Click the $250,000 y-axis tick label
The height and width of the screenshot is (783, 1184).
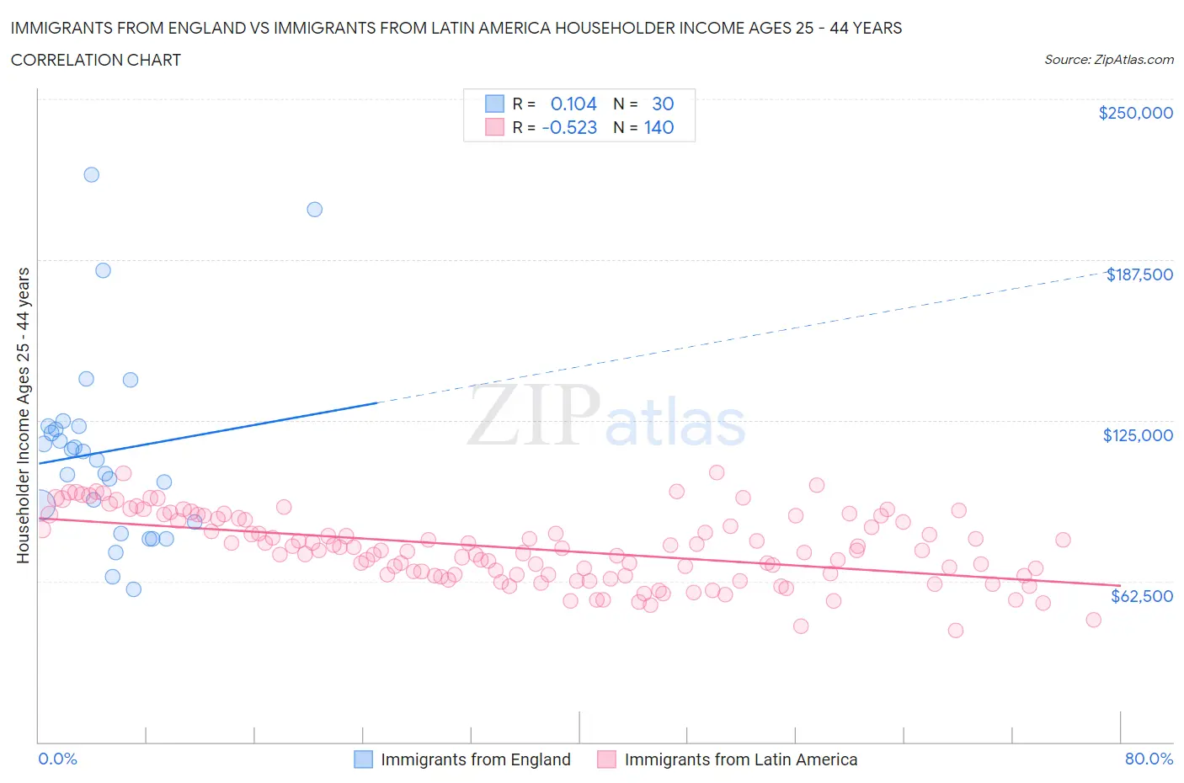tap(1135, 114)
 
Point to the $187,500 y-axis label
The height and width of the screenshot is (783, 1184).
tap(1139, 274)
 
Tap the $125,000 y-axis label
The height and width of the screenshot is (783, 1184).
tap(1138, 435)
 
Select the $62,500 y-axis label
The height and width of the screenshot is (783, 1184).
tap(1141, 596)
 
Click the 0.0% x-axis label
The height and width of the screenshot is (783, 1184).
tap(57, 759)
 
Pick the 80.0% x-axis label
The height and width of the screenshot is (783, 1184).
tap(1149, 759)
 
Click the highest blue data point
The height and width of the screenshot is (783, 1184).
tap(92, 175)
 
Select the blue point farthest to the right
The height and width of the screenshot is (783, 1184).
tap(315, 210)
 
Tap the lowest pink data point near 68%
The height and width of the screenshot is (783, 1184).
tap(955, 631)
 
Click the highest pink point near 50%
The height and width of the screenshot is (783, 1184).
tap(717, 472)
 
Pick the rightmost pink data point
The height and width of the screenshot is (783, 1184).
tap(1093, 620)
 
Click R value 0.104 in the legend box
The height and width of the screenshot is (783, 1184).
tap(573, 104)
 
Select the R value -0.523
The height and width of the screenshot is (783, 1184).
tap(570, 127)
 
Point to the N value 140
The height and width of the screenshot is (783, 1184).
tap(659, 127)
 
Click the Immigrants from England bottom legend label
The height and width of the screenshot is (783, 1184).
tap(475, 759)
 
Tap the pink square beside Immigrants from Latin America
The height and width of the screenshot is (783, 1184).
tap(606, 759)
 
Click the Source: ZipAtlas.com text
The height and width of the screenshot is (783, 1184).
tap(1108, 60)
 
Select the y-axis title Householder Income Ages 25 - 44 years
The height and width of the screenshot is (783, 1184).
tap(24, 415)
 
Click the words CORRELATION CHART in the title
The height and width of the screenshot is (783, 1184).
tap(96, 60)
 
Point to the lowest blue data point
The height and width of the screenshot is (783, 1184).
tap(133, 589)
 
